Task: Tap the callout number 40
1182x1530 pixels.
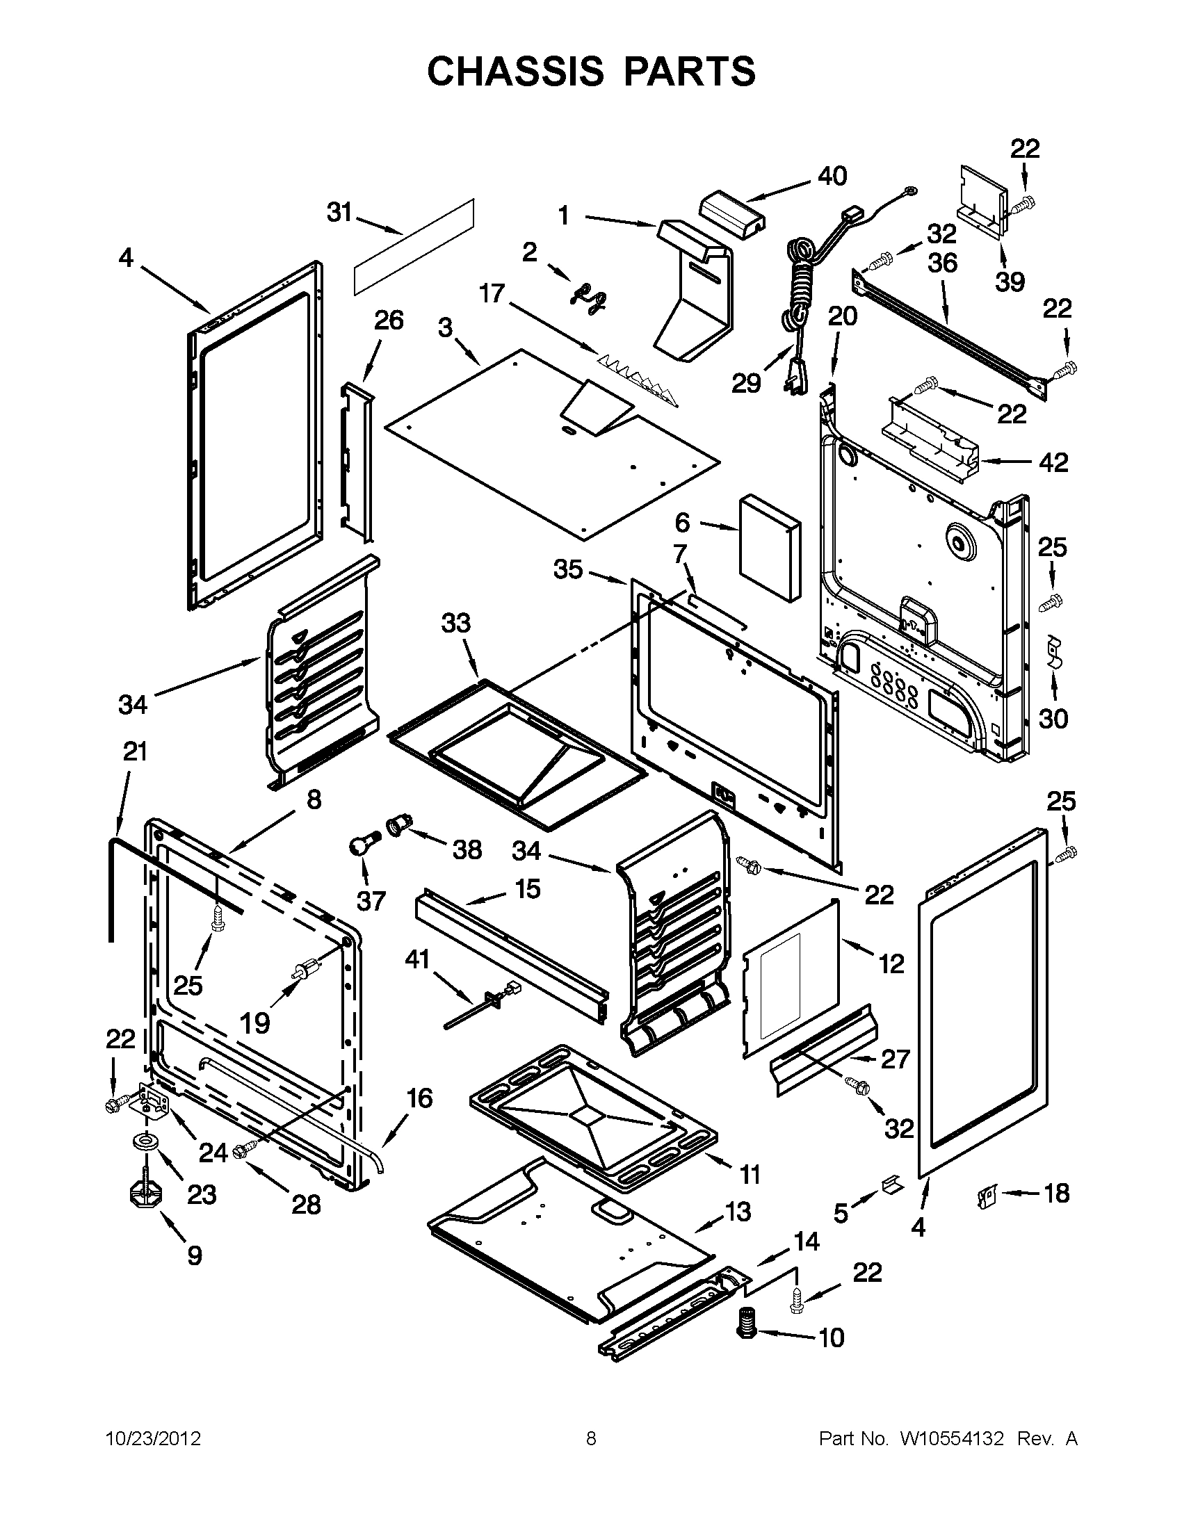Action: click(x=832, y=176)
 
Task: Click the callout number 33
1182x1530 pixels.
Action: click(x=456, y=623)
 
